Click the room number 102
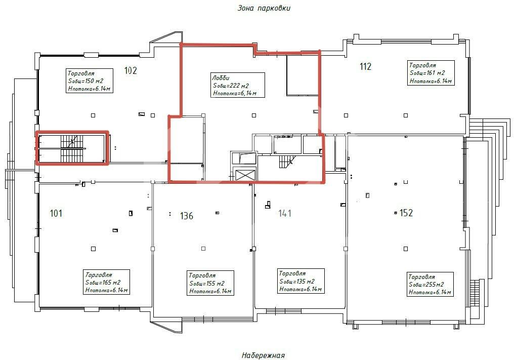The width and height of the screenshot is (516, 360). point(131,70)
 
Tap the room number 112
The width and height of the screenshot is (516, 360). point(366,66)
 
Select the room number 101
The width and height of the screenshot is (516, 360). point(56,214)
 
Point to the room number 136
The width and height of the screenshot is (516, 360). point(187,216)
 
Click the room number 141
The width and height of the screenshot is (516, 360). point(285,214)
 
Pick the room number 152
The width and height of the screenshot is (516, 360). point(406,213)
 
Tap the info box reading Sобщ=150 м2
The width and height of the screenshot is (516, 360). point(89,81)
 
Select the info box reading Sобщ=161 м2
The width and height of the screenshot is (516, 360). point(431,73)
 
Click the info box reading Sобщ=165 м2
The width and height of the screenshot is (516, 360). point(106,282)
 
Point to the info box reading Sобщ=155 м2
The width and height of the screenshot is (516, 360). point(210,283)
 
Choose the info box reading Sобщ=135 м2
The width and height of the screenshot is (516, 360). point(301,281)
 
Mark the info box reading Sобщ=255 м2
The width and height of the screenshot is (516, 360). point(430,284)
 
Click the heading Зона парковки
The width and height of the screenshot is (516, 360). point(264,8)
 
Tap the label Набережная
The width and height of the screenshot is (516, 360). point(263,355)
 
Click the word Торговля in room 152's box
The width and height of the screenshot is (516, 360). point(421,276)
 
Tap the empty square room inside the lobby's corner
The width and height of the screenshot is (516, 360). point(303,75)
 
